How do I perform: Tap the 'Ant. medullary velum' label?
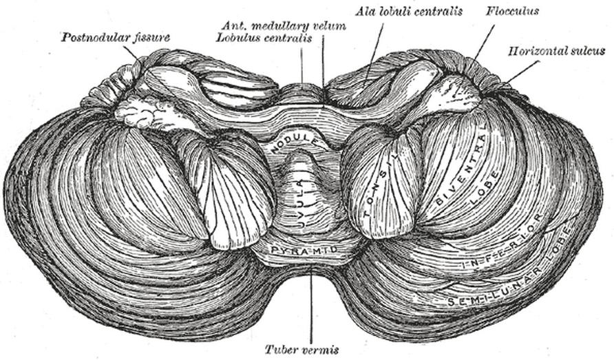(284, 26)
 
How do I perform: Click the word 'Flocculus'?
(511, 12)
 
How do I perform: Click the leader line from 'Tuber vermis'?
(310, 303)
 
